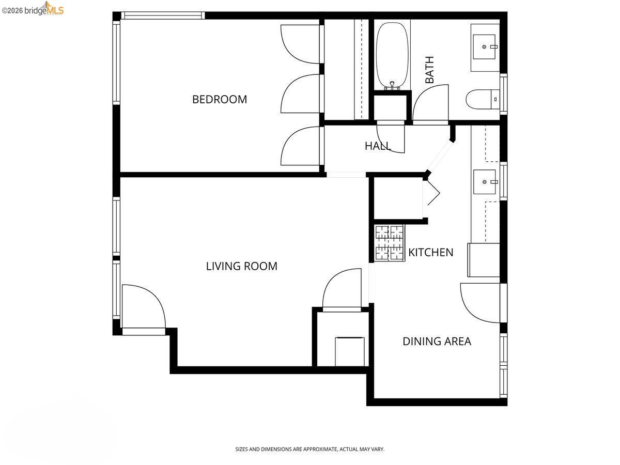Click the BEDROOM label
(x=220, y=99)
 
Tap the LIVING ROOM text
(x=241, y=266)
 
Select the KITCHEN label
(x=430, y=253)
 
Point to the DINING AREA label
(x=437, y=342)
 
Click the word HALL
(x=378, y=146)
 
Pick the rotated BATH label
(x=429, y=70)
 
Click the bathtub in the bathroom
(x=392, y=55)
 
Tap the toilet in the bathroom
(x=483, y=99)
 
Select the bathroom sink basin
(x=484, y=47)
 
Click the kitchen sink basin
(x=485, y=182)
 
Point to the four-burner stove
(x=390, y=242)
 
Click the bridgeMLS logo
(x=33, y=9)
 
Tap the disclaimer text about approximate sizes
(x=310, y=449)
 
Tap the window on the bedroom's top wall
(x=163, y=16)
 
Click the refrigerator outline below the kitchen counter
(x=484, y=260)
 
